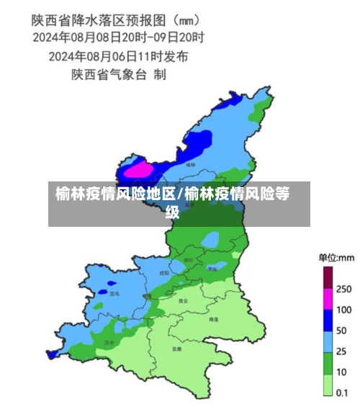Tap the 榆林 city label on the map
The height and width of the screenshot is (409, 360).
[191, 165]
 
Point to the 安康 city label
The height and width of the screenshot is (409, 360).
[176, 349]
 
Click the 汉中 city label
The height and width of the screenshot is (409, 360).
[109, 343]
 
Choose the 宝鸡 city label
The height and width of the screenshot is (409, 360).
[114, 294]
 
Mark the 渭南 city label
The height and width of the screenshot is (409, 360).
[212, 269]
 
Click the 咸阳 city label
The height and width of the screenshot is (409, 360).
[164, 274]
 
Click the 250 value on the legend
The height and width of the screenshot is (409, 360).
[344, 289]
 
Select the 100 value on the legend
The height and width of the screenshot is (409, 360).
[344, 310]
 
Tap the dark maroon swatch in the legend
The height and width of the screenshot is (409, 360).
[328, 277]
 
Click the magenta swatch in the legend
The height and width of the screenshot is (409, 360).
[328, 298]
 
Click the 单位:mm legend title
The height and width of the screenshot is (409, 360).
[336, 257]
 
